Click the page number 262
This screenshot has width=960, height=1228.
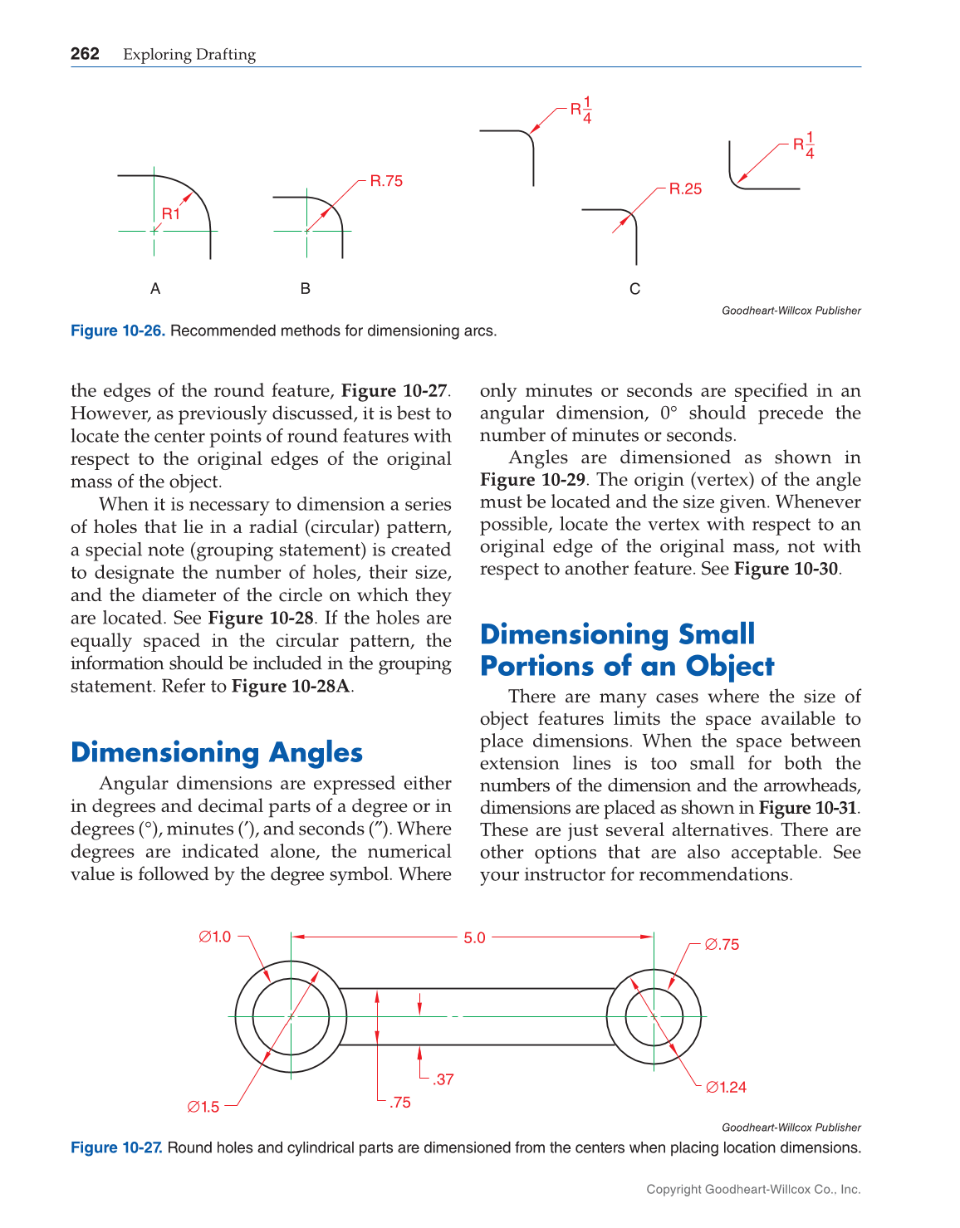pos(85,54)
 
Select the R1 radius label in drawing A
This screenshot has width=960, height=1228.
pos(170,213)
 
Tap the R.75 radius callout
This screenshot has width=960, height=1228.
pos(386,181)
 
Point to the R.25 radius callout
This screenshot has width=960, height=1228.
pos(685,189)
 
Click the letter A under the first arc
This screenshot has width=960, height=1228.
pos(155,289)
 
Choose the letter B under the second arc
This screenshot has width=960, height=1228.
pos(306,289)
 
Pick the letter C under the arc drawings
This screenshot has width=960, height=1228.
pos(635,289)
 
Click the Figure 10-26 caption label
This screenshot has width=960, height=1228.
pos(118,330)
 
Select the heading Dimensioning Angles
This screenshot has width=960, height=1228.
pos(217,752)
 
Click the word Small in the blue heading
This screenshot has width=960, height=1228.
pos(717,634)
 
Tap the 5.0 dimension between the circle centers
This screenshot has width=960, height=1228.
pos(474,937)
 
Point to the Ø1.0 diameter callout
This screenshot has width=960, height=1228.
pos(215,937)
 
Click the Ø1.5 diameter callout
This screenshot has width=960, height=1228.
pos(203,1107)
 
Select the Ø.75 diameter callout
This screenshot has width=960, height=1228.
pos(722,944)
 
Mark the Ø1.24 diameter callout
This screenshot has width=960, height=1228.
pos(726,1087)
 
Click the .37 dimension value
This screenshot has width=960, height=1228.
pos(443,1079)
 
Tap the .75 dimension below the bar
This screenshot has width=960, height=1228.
pos(400,1103)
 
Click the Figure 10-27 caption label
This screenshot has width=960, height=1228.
pos(117,1147)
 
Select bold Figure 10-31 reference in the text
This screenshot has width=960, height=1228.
pos(807,808)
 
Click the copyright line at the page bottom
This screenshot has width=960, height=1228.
pos(753,1189)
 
